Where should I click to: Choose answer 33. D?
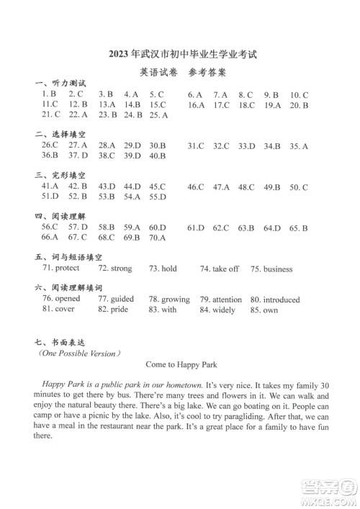[247, 146]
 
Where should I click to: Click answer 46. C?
[196, 187]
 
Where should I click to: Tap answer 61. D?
[196, 228]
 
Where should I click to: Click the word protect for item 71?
[67, 269]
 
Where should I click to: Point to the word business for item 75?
[278, 269]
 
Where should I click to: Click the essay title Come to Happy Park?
[181, 364]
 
